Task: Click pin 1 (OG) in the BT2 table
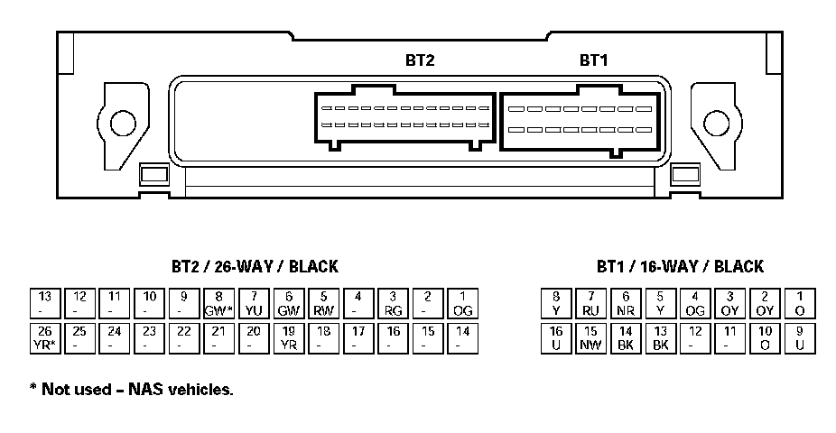click(462, 303)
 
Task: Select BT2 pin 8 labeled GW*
click(218, 303)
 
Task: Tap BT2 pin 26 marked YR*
click(44, 338)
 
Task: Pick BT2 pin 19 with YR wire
click(288, 338)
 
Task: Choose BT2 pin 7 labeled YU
click(253, 303)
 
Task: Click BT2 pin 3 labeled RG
click(392, 303)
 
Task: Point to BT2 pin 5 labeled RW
click(322, 303)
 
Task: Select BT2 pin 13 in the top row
click(44, 303)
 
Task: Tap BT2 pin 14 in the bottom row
click(462, 338)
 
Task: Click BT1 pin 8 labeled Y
click(556, 303)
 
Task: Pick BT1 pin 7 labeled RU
click(590, 303)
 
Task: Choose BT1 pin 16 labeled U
click(556, 338)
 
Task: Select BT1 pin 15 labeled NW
click(590, 338)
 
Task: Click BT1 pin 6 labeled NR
click(626, 303)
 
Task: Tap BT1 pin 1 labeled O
click(800, 303)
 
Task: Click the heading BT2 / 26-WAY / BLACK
click(255, 267)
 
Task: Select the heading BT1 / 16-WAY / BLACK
click(679, 267)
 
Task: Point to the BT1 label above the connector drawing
click(593, 60)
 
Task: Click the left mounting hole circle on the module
click(121, 124)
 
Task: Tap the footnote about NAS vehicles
click(131, 390)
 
